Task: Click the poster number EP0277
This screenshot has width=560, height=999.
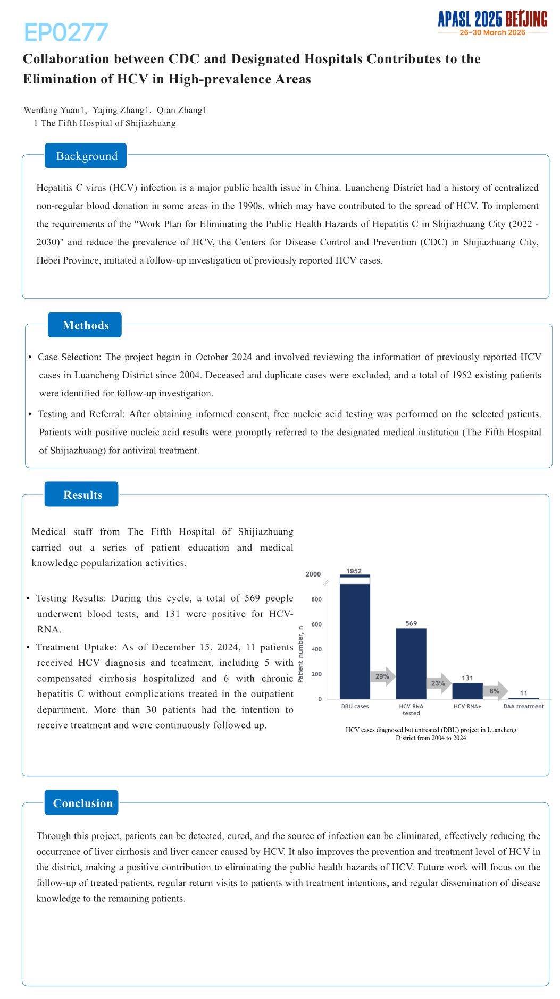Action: tap(66, 33)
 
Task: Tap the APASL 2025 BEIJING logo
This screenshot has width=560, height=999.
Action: tap(492, 20)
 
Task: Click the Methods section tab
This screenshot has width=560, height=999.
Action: tap(85, 325)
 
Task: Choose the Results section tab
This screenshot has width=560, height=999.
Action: tap(82, 495)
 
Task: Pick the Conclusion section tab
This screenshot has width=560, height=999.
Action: tap(82, 803)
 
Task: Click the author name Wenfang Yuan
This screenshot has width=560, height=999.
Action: tap(52, 110)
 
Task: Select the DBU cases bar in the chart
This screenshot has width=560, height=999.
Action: tap(355, 638)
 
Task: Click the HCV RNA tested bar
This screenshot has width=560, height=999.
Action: tap(411, 664)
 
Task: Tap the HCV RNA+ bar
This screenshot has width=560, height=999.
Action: tap(467, 691)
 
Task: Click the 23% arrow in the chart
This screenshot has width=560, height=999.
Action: tap(439, 683)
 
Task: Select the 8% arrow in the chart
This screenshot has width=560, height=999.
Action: tap(495, 691)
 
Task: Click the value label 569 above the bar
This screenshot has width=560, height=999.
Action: tap(411, 623)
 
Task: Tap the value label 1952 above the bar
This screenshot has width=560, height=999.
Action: tap(354, 571)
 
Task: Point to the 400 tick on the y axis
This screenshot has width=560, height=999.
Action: tap(316, 649)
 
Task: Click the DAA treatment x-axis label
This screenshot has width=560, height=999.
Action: tap(523, 706)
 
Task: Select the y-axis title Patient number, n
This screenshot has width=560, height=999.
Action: tap(300, 654)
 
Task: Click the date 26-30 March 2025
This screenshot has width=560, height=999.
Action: tap(492, 32)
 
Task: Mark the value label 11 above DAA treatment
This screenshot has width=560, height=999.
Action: tap(524, 693)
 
